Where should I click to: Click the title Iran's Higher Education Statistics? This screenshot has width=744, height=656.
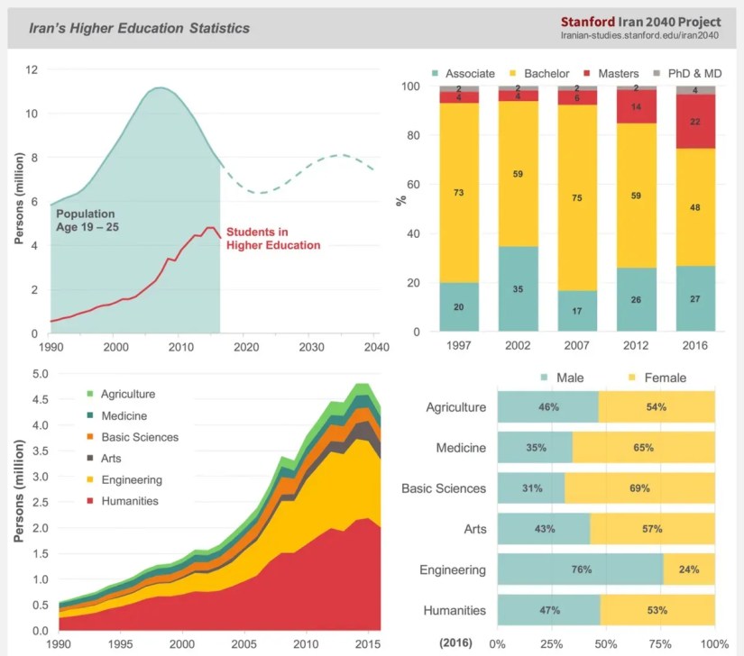[139, 28]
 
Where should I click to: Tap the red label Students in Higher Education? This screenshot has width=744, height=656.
[272, 238]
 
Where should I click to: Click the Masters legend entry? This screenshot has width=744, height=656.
[611, 72]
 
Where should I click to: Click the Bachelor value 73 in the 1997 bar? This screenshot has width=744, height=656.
[459, 193]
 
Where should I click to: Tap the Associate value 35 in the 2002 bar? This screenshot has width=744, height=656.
[518, 289]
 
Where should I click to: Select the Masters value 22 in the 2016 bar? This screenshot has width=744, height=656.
[695, 122]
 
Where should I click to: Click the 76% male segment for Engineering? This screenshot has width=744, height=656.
[580, 569]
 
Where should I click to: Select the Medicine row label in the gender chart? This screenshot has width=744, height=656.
[460, 448]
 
